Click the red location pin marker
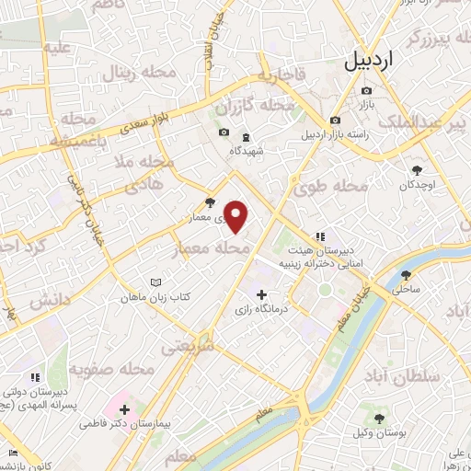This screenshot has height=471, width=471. (x=236, y=216)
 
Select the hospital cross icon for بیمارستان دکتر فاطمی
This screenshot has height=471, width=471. (x=126, y=408)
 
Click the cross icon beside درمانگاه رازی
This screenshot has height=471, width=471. (x=262, y=295)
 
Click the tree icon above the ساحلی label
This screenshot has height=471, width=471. (x=408, y=274)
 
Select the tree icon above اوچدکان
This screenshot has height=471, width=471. (x=416, y=169)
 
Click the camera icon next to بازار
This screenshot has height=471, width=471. (x=367, y=90)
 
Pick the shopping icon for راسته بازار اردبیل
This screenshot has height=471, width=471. (x=335, y=121)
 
